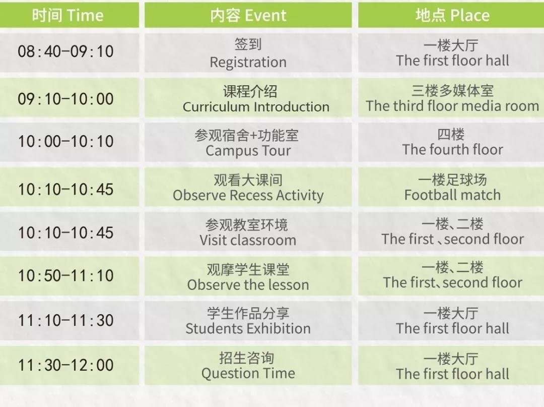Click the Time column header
click(68, 15)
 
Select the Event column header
click(248, 15)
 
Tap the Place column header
click(452, 15)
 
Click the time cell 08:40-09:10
click(65, 52)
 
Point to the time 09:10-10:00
click(65, 99)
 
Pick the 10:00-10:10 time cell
click(65, 141)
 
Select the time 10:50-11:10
click(65, 276)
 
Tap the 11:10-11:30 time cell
click(65, 320)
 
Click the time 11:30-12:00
click(65, 365)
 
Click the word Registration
click(248, 63)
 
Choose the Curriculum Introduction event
click(256, 107)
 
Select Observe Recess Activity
click(248, 196)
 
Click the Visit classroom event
click(248, 240)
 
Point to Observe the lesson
click(248, 285)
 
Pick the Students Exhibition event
click(248, 328)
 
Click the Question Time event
click(248, 374)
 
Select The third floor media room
click(452, 106)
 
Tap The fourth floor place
click(452, 150)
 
